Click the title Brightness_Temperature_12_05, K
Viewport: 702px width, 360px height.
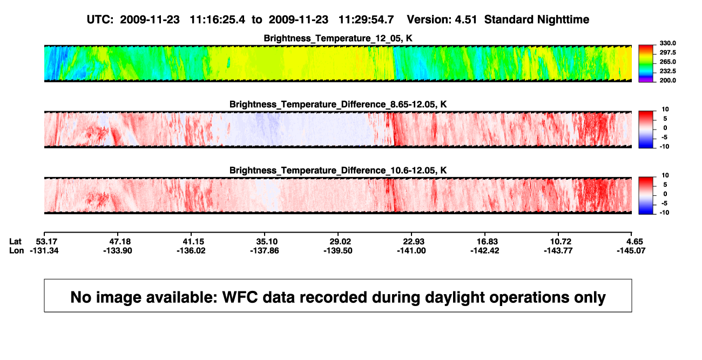338,38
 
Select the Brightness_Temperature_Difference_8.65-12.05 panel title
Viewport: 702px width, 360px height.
338,104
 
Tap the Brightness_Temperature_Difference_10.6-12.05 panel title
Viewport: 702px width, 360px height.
338,171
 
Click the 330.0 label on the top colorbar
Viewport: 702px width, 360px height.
667,43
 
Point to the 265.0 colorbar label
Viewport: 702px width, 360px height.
667,62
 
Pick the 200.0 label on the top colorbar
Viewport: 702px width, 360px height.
667,80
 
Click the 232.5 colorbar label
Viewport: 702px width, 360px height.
667,71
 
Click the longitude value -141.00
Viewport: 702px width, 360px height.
411,250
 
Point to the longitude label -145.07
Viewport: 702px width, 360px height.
631,250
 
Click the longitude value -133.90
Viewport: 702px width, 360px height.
118,250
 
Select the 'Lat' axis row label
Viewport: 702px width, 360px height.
15,242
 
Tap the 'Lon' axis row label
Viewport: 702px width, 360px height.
17,250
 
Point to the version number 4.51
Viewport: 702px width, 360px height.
466,19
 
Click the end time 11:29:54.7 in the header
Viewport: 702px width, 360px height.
366,19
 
